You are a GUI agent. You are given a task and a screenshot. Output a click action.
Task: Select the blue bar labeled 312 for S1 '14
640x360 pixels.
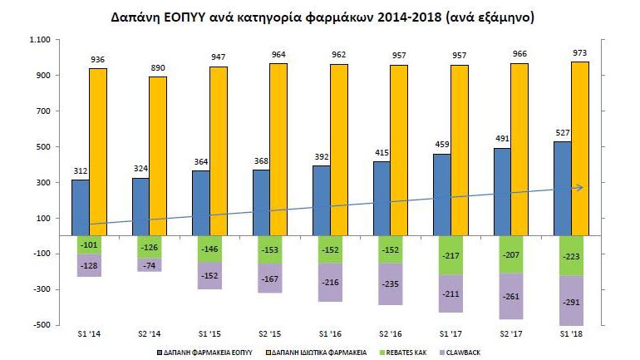click(80, 208)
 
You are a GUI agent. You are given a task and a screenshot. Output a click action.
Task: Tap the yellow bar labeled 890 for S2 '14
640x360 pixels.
click(157, 155)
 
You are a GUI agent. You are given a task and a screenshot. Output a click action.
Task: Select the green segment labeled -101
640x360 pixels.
click(89, 244)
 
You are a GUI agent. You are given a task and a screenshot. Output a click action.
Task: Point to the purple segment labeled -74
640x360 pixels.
click(149, 265)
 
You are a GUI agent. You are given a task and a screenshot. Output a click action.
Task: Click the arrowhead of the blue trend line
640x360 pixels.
click(579, 187)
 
